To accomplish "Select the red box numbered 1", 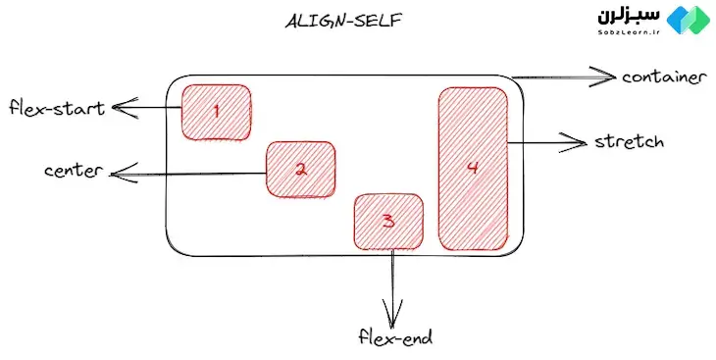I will [x=216, y=113].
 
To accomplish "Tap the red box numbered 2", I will [x=301, y=169].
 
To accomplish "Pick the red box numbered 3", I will [x=388, y=221].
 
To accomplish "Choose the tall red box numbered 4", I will [x=472, y=169].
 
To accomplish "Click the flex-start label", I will [x=55, y=106].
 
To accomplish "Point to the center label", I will [x=75, y=171].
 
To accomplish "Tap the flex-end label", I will [x=394, y=338].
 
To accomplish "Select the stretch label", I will [x=630, y=142].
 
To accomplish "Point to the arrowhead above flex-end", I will [x=392, y=319].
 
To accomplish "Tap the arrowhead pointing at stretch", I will [x=577, y=143].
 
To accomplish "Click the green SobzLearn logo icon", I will [x=693, y=21].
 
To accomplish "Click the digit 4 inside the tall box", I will [x=472, y=168].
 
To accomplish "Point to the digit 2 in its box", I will [x=301, y=169].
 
